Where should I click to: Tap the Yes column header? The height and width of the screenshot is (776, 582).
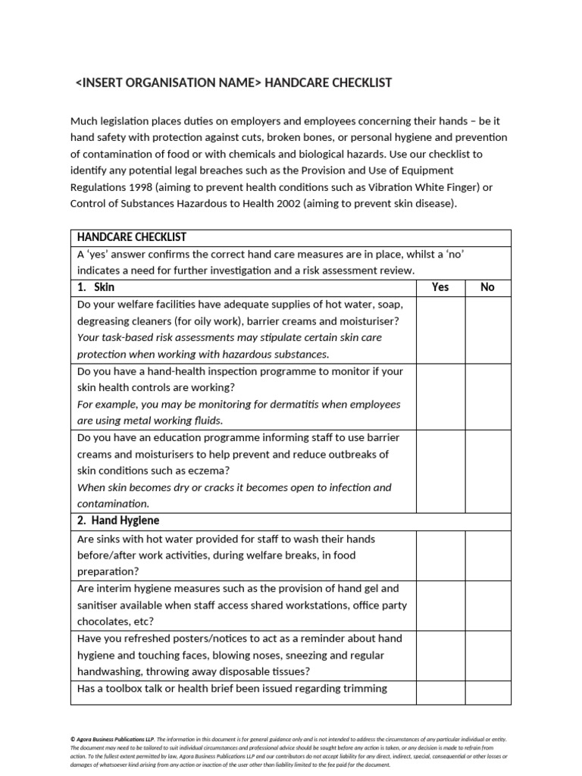click(440, 287)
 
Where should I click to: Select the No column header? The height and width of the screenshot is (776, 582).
click(488, 287)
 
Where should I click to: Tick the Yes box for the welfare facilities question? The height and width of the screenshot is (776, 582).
click(440, 330)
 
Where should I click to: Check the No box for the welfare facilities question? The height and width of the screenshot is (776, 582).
click(488, 330)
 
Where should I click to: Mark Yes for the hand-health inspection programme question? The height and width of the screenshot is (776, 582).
click(440, 396)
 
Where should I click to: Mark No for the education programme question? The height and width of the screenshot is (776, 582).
click(488, 471)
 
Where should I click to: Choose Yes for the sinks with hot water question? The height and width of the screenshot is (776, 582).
click(440, 555)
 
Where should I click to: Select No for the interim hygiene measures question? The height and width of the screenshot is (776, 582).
click(488, 605)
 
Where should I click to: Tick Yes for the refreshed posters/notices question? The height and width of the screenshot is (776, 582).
click(440, 655)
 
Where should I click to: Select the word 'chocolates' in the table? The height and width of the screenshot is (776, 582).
click(105, 621)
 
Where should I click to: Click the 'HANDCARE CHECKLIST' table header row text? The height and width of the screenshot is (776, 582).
click(132, 237)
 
